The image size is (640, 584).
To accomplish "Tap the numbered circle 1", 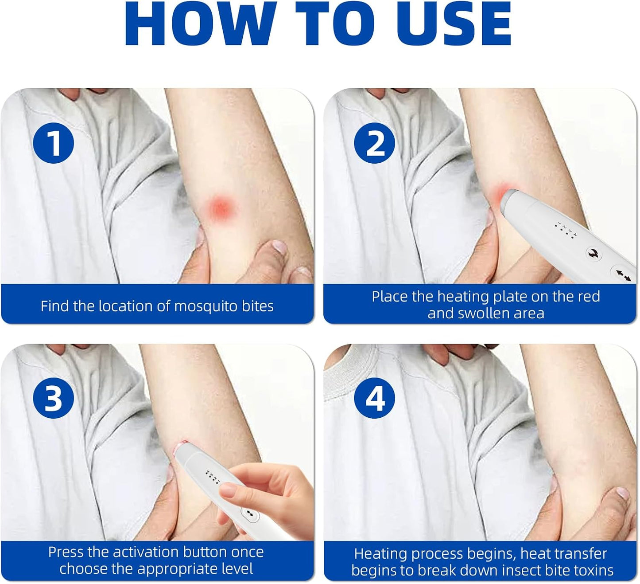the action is pos(53,143).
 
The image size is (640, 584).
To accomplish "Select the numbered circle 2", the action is pos(375,143).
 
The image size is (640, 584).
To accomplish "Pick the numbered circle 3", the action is pos(53,398).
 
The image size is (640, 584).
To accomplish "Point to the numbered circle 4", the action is pos(375,398).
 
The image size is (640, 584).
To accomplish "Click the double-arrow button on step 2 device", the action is pos(623,275).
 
